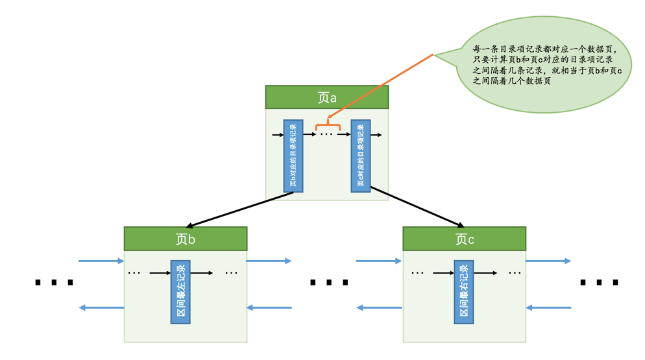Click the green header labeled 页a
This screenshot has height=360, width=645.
tap(326, 97)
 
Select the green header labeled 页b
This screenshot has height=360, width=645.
tap(185, 239)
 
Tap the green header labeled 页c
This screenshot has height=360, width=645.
tap(464, 239)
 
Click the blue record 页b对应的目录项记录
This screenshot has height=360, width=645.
tap(293, 156)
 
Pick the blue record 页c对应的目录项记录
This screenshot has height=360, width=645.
tap(361, 156)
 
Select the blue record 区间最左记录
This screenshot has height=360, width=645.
tap(180, 292)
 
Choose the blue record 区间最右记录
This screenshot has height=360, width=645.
tap(463, 292)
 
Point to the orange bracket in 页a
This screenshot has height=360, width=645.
tap(328, 125)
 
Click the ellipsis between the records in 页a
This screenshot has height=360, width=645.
tap(326, 135)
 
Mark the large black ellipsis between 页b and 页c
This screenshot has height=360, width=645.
tap(329, 283)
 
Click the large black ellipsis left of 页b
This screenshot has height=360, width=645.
tap(54, 283)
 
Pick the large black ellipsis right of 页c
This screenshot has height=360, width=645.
tap(599, 283)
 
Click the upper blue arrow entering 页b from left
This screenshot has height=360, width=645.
tap(101, 261)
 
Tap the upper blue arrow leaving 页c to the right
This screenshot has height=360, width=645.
tap(548, 261)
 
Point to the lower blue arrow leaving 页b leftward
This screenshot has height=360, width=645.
tap(101, 307)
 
